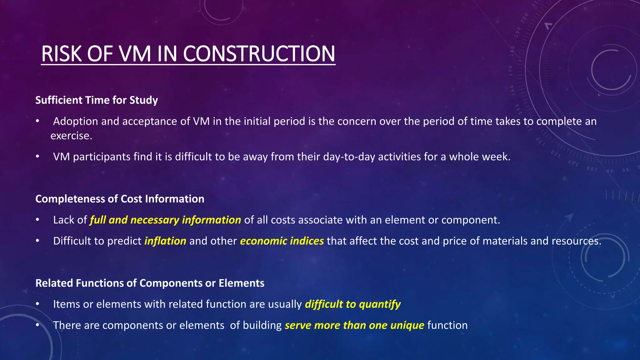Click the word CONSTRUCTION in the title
[x=259, y=54]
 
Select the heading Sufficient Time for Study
[x=97, y=100]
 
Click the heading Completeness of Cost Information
[x=120, y=199]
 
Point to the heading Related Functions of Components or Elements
[x=150, y=283]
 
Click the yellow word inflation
[x=165, y=241]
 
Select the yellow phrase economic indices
[x=282, y=241]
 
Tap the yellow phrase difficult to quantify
[x=352, y=304]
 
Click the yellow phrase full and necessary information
[x=165, y=220]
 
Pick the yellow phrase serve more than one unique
[x=354, y=325]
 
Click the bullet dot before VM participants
[x=37, y=157]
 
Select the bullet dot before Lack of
[x=37, y=220]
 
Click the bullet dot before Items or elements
[x=37, y=304]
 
